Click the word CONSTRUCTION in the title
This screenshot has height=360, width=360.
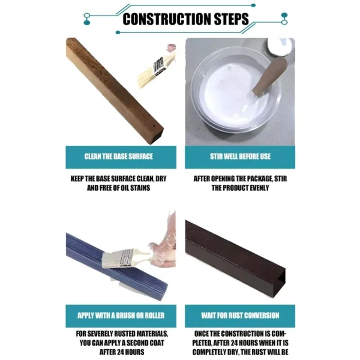(160, 19)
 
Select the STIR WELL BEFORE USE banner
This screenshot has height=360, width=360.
(240, 157)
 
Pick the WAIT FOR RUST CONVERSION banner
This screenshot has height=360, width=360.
(240, 315)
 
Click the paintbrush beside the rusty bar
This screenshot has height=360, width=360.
(155, 68)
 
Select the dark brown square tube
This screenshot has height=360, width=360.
(234, 255)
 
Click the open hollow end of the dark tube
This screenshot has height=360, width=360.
(278, 282)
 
